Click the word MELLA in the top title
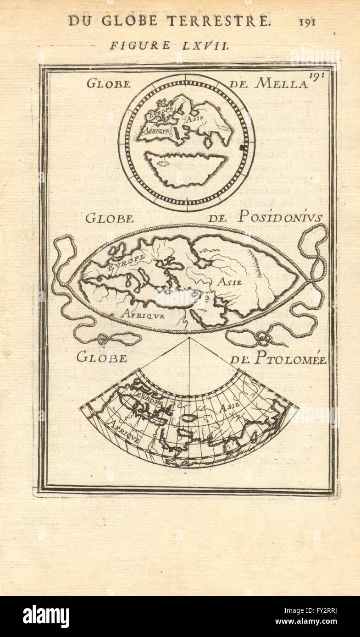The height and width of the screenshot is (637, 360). click(x=282, y=83)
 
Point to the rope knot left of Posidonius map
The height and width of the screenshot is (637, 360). click(x=103, y=340)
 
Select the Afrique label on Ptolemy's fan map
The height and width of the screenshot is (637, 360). click(x=125, y=432)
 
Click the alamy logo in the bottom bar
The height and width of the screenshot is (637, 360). click(x=46, y=616)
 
